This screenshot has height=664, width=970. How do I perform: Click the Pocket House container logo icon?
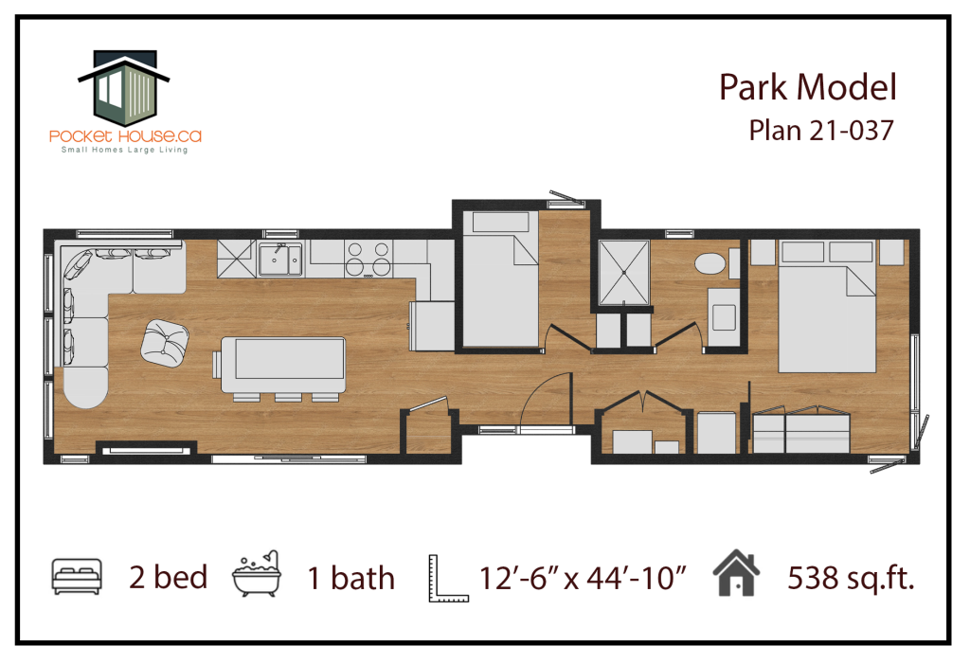click(x=124, y=86)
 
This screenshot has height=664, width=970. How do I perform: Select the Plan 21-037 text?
click(x=821, y=131)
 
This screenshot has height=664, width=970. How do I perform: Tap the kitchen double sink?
click(x=280, y=259)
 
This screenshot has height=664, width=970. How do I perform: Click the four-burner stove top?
click(x=368, y=259)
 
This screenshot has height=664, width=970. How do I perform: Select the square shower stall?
click(x=624, y=272)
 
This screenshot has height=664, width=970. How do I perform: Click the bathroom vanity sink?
click(x=724, y=316)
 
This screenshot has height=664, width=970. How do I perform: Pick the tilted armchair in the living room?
click(x=165, y=344)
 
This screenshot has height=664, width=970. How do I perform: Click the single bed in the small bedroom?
click(x=500, y=278)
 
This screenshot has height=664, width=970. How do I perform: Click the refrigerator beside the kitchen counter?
click(x=432, y=326)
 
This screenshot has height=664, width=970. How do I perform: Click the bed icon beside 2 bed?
click(x=77, y=576)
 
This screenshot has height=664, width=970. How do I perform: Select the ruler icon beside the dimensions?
click(x=448, y=578)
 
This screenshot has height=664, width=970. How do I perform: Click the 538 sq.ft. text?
click(x=851, y=578)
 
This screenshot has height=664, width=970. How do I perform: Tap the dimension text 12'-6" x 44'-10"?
click(x=583, y=578)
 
